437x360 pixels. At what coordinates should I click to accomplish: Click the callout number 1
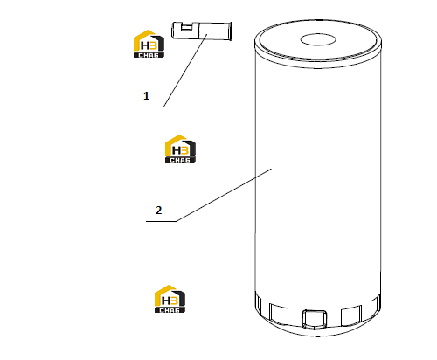(146, 96)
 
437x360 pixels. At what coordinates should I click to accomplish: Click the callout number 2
(158, 210)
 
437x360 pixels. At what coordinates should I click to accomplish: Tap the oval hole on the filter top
(318, 40)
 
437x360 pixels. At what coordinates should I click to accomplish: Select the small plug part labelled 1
(202, 31)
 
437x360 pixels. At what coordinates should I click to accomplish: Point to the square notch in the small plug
(187, 27)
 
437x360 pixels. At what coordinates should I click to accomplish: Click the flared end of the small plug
(230, 31)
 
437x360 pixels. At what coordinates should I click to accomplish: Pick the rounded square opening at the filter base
(315, 319)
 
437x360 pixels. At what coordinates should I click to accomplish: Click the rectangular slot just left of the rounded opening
(279, 315)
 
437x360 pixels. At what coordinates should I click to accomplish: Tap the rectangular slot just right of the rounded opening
(351, 315)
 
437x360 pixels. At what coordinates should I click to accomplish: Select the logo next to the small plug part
(149, 44)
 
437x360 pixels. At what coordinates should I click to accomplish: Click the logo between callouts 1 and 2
(180, 149)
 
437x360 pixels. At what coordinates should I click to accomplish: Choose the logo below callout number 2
(170, 299)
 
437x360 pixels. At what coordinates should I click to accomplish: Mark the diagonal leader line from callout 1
(185, 70)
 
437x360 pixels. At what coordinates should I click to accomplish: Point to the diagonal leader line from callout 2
(224, 195)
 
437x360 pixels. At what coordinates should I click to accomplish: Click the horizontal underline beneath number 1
(149, 107)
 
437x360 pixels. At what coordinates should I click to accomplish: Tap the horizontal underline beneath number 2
(161, 221)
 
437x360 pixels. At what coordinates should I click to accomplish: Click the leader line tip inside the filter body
(272, 169)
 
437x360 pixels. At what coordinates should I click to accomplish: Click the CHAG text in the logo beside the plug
(149, 55)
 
